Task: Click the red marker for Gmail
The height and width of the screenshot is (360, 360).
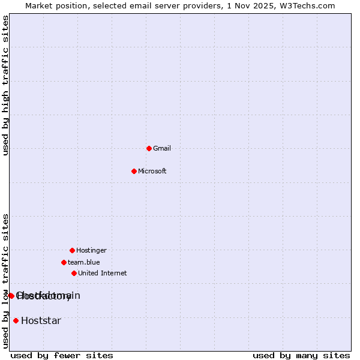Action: (x=149, y=148)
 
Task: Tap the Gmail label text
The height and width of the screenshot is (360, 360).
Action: (x=162, y=148)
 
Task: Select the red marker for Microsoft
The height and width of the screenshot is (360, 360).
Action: (x=134, y=171)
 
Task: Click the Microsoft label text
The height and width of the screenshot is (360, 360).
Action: (x=152, y=171)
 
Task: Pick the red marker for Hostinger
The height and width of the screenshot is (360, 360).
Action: (x=72, y=250)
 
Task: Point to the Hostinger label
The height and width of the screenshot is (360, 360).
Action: (x=91, y=250)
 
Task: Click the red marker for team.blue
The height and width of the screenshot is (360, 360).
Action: (x=64, y=262)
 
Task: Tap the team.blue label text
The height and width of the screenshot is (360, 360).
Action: (x=84, y=262)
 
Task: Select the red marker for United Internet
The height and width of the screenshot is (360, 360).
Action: (x=74, y=273)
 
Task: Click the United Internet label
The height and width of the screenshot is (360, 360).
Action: (x=103, y=273)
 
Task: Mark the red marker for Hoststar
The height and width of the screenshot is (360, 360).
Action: (x=16, y=320)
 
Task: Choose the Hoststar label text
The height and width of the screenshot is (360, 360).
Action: (x=41, y=320)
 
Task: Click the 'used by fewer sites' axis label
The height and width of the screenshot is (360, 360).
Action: (x=62, y=355)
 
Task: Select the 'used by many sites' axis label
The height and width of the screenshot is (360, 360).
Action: (x=301, y=355)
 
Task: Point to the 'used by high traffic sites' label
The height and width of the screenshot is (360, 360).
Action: (x=6, y=85)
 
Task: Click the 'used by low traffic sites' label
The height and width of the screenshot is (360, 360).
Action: (x=6, y=281)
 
